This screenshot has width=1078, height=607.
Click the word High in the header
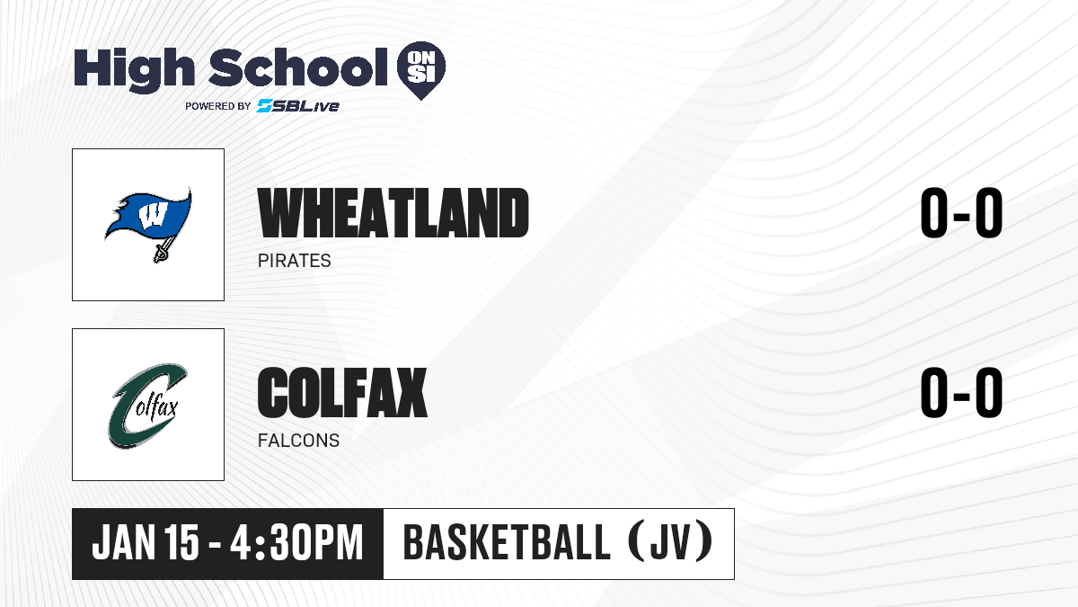coord(134,70)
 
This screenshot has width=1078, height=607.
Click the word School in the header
coord(298,67)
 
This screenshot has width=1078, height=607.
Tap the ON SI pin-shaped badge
coord(421,70)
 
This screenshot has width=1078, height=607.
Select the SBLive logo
coord(298,106)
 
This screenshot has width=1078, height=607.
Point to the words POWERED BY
coord(218,106)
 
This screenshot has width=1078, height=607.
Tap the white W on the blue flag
coord(153,215)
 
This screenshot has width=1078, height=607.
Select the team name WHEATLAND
coord(393,213)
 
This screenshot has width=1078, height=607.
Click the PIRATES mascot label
coord(294,261)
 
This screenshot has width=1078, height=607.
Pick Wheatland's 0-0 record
coord(961,213)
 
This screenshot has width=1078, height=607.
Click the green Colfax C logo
coord(148,406)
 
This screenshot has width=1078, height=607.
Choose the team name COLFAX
coord(342,392)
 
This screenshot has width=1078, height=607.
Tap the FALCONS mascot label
coord(298,441)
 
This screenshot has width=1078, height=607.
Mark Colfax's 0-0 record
coord(961,392)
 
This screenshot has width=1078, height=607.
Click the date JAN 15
coord(146,542)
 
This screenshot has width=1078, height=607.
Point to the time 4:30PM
coord(296,542)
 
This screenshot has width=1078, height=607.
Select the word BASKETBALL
coord(507,542)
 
